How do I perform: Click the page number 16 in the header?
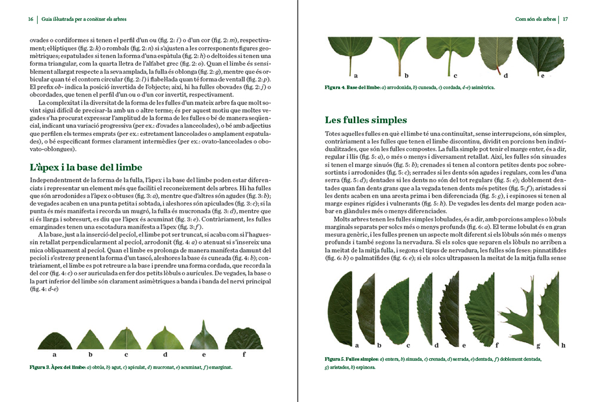[31, 19]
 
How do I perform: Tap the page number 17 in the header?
[564, 19]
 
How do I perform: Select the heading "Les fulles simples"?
[365, 120]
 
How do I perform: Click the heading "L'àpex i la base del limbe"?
[85, 167]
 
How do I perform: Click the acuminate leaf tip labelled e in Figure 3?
[204, 336]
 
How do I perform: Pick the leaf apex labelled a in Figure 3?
[55, 340]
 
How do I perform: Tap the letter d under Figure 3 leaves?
[165, 354]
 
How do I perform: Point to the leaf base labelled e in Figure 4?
[540, 53]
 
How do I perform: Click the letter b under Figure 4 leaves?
[407, 76]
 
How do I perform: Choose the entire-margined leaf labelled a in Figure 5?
[340, 308]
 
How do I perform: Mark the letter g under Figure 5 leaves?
[539, 346]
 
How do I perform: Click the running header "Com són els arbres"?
[535, 19]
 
